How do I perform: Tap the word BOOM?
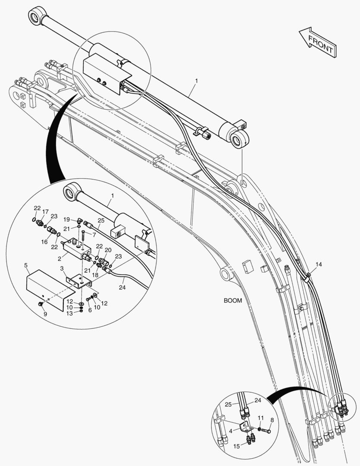[232, 301]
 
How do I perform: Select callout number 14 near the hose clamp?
[318, 264]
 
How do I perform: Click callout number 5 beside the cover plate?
[26, 265]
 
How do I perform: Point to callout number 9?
[45, 314]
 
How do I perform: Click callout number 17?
[45, 211]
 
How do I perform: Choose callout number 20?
[108, 250]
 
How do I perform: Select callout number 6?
[90, 310]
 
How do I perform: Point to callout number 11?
[260, 418]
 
